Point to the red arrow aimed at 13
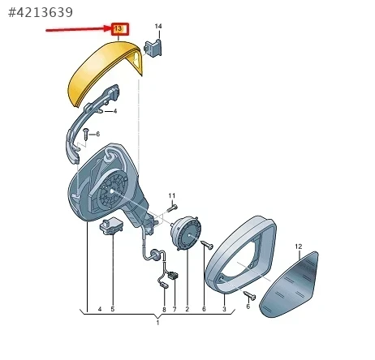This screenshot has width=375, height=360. pyautogui.click(x=79, y=29)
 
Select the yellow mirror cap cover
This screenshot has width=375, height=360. pyautogui.click(x=105, y=71)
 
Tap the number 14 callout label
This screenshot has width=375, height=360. pyautogui.click(x=158, y=26)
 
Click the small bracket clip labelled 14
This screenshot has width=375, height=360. pyautogui.click(x=153, y=48)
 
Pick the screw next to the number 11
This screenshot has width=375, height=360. pyautogui.click(x=172, y=208)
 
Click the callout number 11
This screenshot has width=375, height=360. pyautogui.click(x=172, y=195)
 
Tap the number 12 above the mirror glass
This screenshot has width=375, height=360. pyautogui.click(x=299, y=246)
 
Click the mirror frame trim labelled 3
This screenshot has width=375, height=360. pyautogui.click(x=240, y=254)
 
